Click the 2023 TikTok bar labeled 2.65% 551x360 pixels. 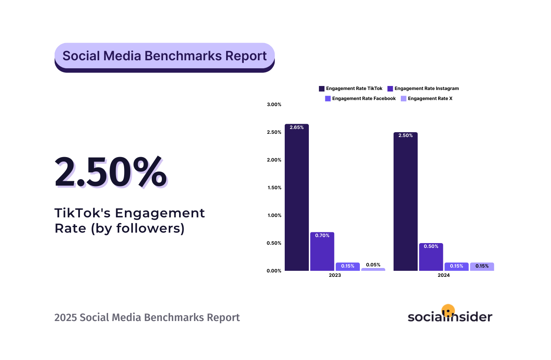tap(297, 197)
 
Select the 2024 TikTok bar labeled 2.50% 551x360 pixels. tap(405, 201)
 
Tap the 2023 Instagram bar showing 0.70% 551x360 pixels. tap(322, 252)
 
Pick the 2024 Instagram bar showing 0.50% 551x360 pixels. tap(431, 257)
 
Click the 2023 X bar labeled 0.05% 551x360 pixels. tap(373, 269)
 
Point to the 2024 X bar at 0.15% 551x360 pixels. tap(482, 266)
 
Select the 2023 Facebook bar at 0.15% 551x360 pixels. tap(347, 266)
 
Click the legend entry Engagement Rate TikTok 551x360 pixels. tap(350, 88)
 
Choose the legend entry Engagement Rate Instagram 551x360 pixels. tap(422, 88)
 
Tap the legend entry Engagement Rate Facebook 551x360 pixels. tap(360, 98)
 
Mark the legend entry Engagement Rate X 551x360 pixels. tap(427, 98)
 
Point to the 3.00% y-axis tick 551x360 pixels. tap(274, 104)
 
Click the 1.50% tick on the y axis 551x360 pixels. tap(274, 188)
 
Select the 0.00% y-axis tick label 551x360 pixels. tap(274, 271)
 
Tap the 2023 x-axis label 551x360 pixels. tap(335, 276)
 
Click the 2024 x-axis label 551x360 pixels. tap(443, 276)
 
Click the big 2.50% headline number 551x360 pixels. tap(110, 173)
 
